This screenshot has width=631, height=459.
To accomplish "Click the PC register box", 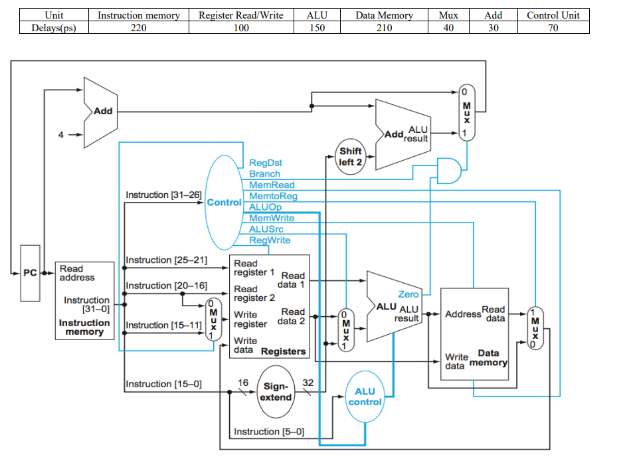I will [30, 273].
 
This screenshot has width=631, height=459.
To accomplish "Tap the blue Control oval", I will [224, 201].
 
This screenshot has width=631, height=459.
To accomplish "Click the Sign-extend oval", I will [275, 391].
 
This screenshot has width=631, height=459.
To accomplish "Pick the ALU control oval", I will [365, 397].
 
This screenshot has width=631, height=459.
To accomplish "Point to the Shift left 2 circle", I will [349, 156].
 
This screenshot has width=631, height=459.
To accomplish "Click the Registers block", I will [269, 306].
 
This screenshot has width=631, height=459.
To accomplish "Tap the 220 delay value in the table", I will [138, 27].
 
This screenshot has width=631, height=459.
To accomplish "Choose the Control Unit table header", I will [553, 15].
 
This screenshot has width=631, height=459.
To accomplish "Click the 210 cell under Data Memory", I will [384, 27].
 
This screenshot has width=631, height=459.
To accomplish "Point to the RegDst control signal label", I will [266, 163].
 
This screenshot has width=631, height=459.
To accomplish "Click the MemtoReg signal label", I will [273, 196].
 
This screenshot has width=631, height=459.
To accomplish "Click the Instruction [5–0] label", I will [269, 432].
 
